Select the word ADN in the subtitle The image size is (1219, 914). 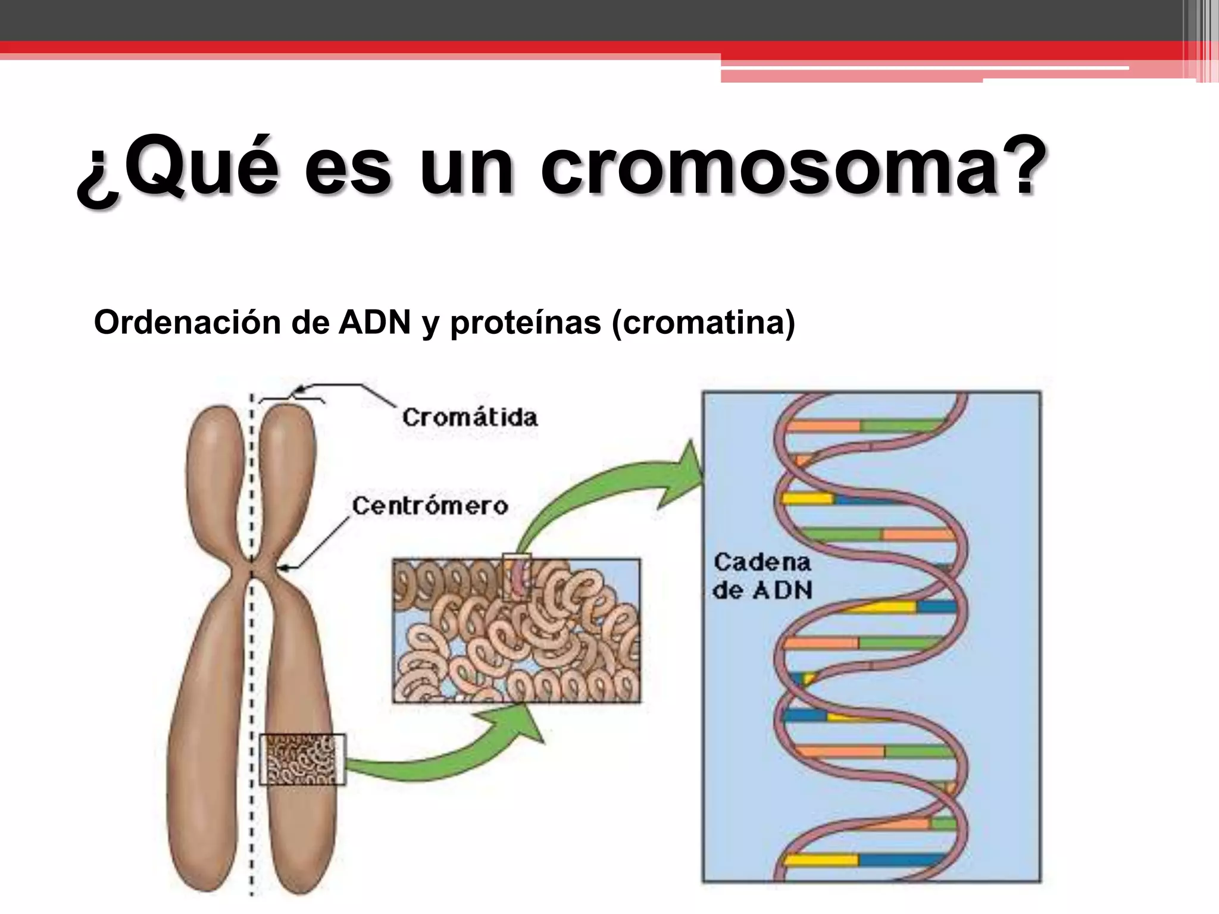[x=375, y=323]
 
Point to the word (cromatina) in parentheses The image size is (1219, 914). [x=703, y=323]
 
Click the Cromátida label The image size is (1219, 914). [x=470, y=417]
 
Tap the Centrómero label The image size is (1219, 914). [x=430, y=506]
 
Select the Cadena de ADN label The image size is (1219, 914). [x=762, y=575]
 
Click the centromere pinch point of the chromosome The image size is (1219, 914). [x=252, y=565]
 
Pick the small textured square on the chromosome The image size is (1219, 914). [x=302, y=759]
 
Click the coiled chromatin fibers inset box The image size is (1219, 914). [x=516, y=631]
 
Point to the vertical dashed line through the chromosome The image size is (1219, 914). [x=252, y=684]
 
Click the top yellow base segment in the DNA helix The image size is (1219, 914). [x=807, y=498]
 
